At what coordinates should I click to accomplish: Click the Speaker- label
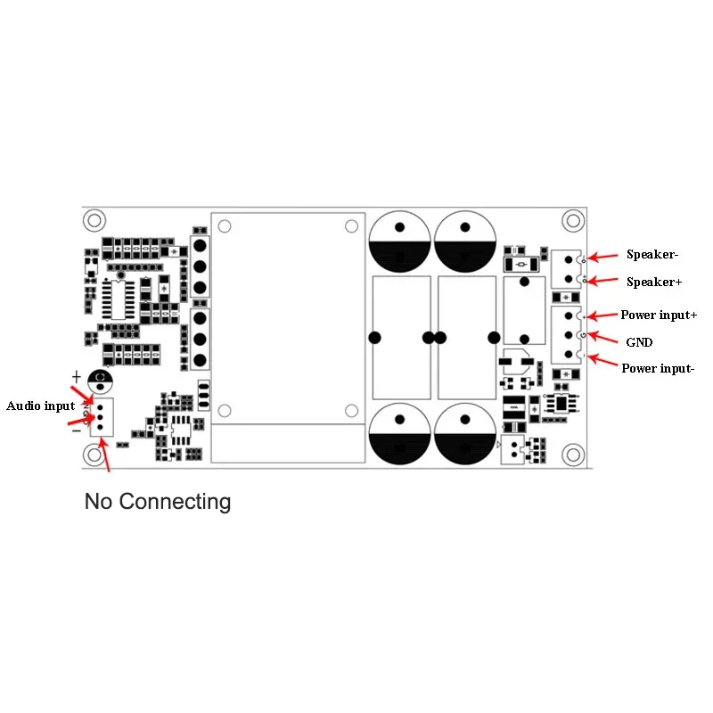[652, 255]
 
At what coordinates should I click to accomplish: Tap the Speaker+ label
[653, 282]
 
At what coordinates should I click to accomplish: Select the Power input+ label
[659, 316]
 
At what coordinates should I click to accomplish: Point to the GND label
[639, 341]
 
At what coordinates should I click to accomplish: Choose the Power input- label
[657, 368]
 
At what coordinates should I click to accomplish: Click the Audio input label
[41, 406]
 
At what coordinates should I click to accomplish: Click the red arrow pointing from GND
[608, 338]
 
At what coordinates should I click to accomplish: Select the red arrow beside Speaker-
[605, 257]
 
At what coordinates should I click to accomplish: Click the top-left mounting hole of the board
[94, 219]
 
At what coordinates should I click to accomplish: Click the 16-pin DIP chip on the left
[117, 299]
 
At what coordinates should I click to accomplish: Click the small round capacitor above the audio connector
[101, 381]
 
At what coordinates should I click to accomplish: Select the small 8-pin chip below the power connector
[561, 404]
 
